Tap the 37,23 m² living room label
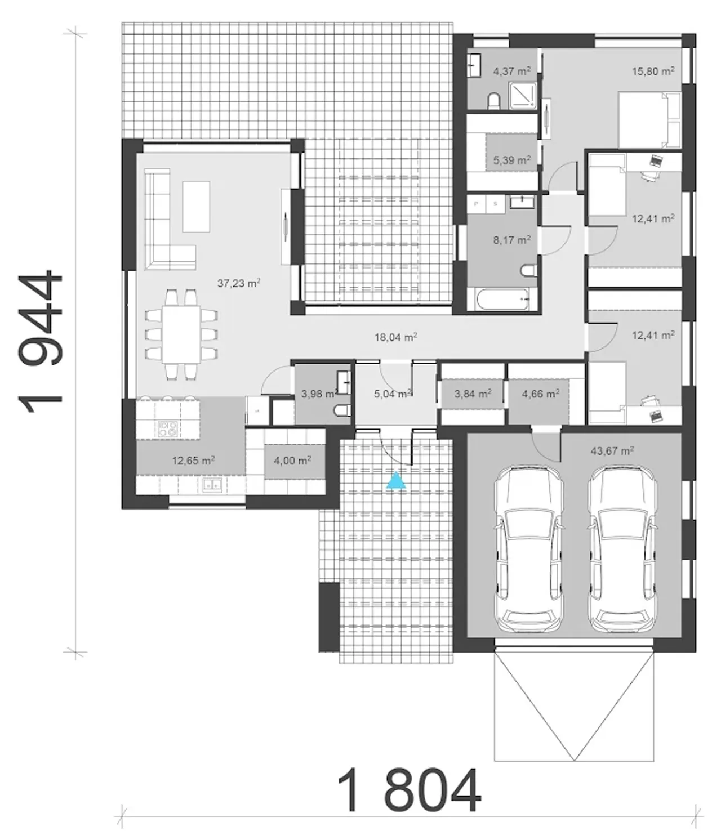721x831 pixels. [239, 283]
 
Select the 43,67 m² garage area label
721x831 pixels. [612, 450]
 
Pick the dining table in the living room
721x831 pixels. [181, 334]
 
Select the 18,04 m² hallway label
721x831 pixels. [395, 337]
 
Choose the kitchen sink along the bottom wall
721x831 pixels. [212, 486]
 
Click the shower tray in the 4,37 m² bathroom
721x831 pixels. [523, 95]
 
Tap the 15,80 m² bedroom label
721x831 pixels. [653, 71]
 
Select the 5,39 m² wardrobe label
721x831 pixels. [512, 160]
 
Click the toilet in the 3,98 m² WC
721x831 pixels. [343, 411]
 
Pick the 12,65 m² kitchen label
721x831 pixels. [193, 461]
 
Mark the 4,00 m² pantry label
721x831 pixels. [292, 461]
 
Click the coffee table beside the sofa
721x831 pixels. [196, 207]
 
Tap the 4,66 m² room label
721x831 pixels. [540, 394]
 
